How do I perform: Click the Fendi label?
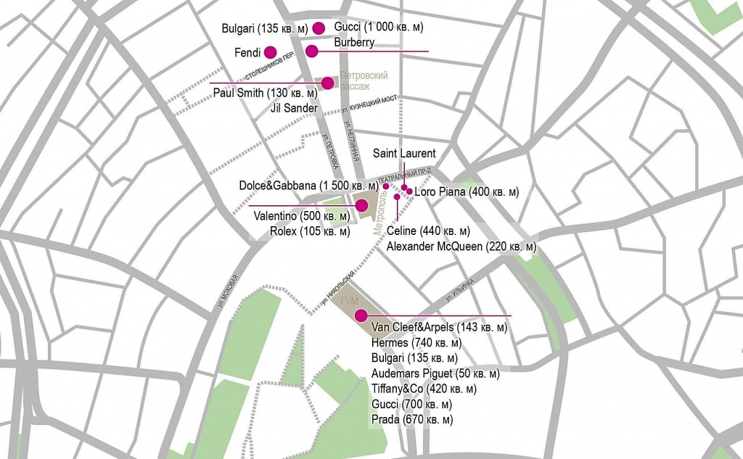pos(247,53)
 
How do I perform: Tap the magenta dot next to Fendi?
pos(270,51)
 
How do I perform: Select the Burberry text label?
pos(354,43)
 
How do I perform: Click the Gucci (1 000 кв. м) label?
pos(378,27)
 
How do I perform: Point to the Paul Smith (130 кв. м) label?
pos(266,93)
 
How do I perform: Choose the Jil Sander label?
pos(294,108)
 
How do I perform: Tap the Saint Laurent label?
pos(404,153)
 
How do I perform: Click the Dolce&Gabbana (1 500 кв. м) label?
pos(309,186)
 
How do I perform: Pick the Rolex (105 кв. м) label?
pos(309,232)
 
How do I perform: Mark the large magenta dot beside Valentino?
pos(361,205)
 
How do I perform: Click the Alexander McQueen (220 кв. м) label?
pos(461,247)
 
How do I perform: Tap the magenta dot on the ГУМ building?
pos(360,315)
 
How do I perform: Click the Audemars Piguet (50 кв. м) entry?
pos(435,373)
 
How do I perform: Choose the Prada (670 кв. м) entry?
pos(411,419)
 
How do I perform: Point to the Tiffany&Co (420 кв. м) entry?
pos(424,389)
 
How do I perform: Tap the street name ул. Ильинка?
pos(456,292)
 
